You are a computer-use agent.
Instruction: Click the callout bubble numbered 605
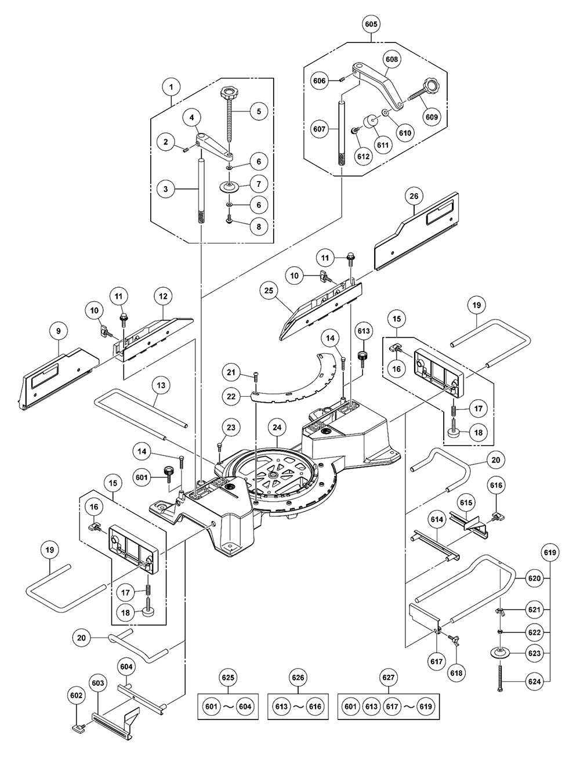(371, 24)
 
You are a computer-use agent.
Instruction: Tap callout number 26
(414, 196)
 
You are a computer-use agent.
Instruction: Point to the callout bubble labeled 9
(59, 331)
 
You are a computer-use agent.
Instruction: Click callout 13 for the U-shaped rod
(161, 385)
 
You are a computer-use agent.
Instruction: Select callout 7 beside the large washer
(258, 184)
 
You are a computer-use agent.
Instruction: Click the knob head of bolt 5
(226, 93)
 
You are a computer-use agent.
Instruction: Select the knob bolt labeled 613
(364, 357)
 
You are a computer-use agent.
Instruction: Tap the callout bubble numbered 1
(171, 88)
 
